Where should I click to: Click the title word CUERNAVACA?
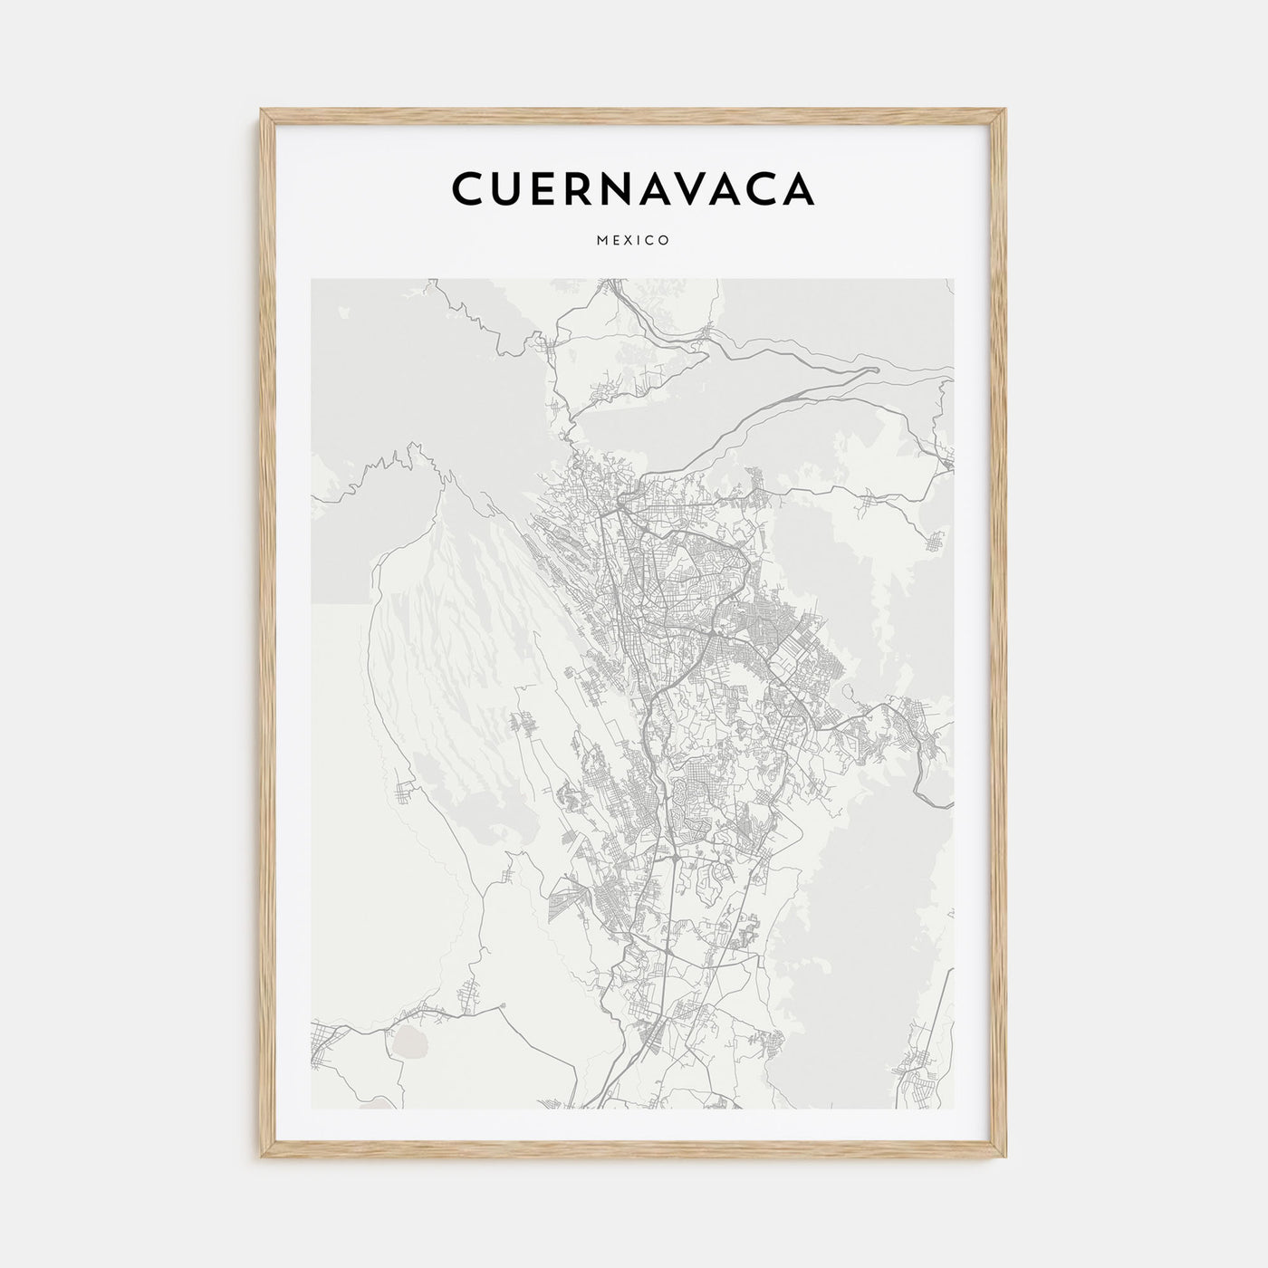click(x=633, y=187)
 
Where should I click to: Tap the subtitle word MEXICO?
click(x=633, y=241)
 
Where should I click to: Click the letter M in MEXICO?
click(x=601, y=241)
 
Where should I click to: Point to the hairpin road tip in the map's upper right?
click(x=876, y=370)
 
